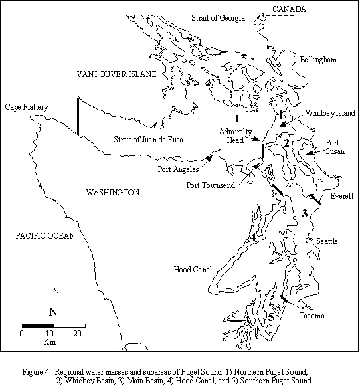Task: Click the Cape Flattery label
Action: [x=25, y=106]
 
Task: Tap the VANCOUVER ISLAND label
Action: [x=116, y=75]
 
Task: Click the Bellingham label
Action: [x=317, y=60]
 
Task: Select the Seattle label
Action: [x=327, y=241]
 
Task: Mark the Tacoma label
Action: [x=312, y=316]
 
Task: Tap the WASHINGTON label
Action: [x=113, y=192]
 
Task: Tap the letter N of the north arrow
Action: [x=53, y=312]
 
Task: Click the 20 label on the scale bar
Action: [x=77, y=333]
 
